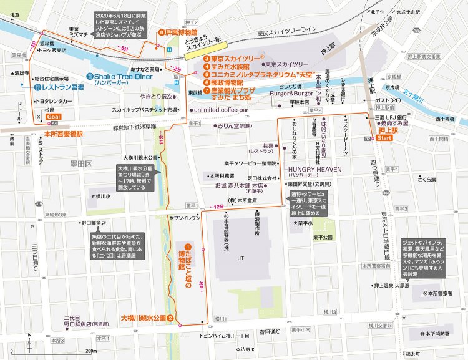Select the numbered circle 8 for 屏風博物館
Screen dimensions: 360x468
pos(161,32)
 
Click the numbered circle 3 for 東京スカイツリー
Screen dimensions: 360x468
pos(205,58)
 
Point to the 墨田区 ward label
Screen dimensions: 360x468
pos(81,163)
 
